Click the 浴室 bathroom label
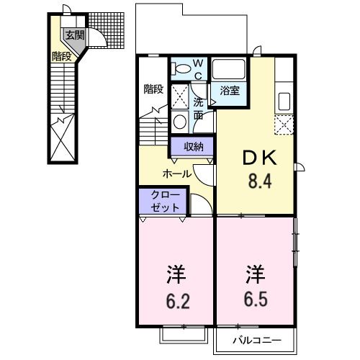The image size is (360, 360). click(229, 91)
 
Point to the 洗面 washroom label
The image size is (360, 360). click(198, 108)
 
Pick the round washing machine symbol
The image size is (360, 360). click(179, 120)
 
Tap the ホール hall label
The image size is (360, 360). click(176, 174)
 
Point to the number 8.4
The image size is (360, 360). click(259, 180)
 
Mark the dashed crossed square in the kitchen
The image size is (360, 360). click(284, 125)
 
